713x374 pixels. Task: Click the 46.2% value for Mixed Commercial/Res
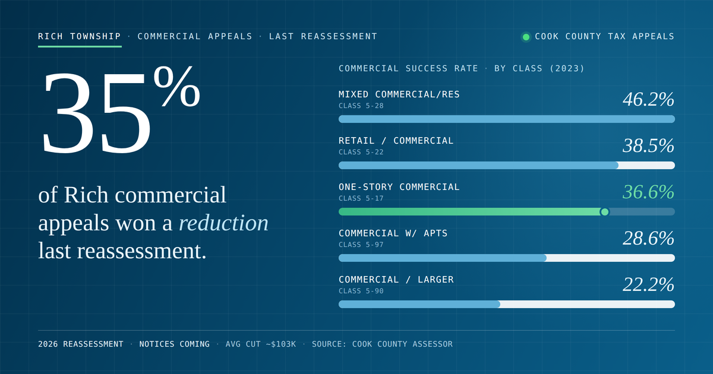coord(648,99)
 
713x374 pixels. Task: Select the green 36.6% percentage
coord(648,192)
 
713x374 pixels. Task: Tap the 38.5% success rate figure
coord(648,145)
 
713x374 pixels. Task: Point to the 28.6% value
coord(648,238)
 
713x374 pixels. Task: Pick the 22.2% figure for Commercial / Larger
coord(648,284)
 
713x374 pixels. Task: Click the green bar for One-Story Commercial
coord(472,212)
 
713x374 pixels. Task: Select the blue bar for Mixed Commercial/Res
coord(507,119)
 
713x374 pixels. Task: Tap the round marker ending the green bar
coord(604,212)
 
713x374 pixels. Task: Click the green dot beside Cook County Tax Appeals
coord(526,37)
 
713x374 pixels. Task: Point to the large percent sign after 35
coord(177,86)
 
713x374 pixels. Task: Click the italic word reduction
coord(224,223)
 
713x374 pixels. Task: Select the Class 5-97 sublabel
coord(361,245)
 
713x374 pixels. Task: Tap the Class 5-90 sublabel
coord(361,291)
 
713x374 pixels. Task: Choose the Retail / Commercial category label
coord(396,141)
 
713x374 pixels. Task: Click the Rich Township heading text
coord(80,36)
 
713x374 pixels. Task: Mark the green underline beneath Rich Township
coord(80,46)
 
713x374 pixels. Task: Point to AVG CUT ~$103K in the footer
coord(261,344)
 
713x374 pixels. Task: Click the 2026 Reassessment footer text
coord(81,344)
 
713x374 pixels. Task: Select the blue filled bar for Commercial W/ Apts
coord(443,258)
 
